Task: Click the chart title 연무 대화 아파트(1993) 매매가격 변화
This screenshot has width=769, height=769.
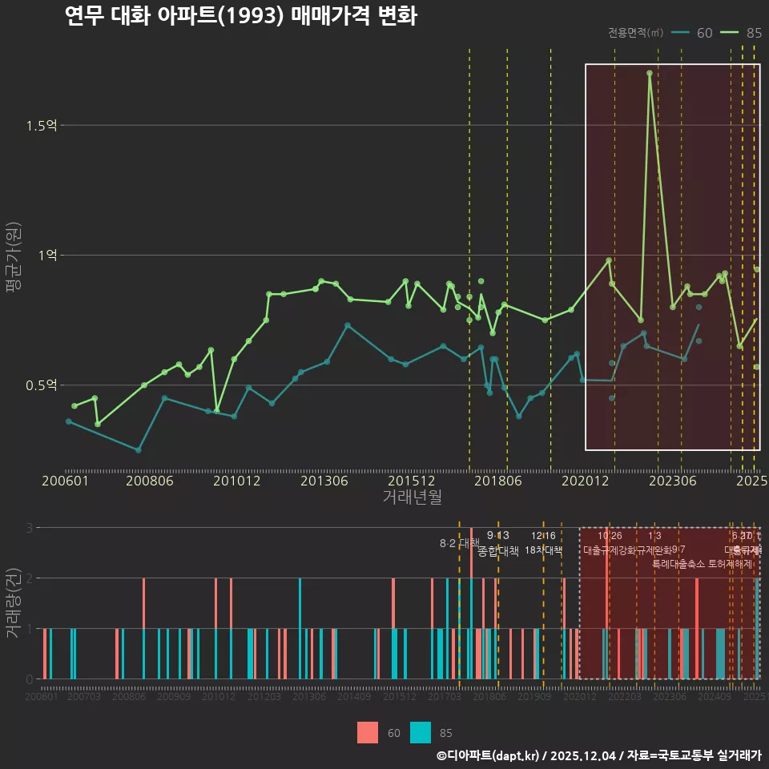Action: (240, 17)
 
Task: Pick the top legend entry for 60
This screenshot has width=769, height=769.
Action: (693, 33)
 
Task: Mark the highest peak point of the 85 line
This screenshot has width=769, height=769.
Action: (650, 73)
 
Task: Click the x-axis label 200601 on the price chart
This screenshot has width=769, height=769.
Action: (65, 481)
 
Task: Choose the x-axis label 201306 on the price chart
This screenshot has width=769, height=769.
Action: (324, 481)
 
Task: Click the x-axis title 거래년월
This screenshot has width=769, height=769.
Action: (412, 497)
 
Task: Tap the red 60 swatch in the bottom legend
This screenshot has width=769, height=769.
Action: (368, 732)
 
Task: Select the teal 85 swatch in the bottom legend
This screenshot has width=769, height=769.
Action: (420, 732)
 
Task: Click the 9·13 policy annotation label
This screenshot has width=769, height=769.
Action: (497, 536)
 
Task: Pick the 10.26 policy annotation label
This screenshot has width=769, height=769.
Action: (610, 536)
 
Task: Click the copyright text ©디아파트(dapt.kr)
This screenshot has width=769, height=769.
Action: (489, 755)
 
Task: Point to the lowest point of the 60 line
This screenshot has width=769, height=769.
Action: (139, 450)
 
